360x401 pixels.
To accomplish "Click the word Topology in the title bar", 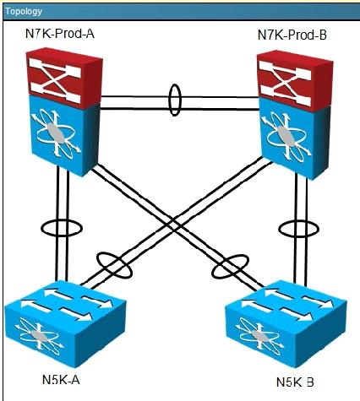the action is [x=24, y=11].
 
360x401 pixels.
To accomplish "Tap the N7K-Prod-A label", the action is [x=60, y=34].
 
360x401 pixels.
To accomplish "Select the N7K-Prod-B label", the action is [x=292, y=35].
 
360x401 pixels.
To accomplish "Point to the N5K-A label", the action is [x=61, y=380].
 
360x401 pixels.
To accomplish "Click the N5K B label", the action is [x=295, y=382].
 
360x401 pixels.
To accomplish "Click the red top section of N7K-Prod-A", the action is [x=64, y=77].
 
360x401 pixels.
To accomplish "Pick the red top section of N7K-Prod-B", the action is [x=294, y=80].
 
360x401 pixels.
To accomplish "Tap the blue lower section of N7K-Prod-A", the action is [x=65, y=136].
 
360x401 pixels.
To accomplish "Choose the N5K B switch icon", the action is [x=286, y=323].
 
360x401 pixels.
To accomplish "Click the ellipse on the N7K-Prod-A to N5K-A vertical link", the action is [x=41, y=228].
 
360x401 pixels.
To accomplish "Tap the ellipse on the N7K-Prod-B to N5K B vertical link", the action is [x=280, y=229].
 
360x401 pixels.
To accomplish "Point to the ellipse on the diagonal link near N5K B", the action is [x=212, y=271].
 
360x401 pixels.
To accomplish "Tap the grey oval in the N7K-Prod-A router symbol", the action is [x=57, y=133].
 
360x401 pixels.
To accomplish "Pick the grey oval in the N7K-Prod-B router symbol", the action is [x=286, y=136].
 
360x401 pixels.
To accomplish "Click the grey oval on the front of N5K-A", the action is [x=38, y=335].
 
